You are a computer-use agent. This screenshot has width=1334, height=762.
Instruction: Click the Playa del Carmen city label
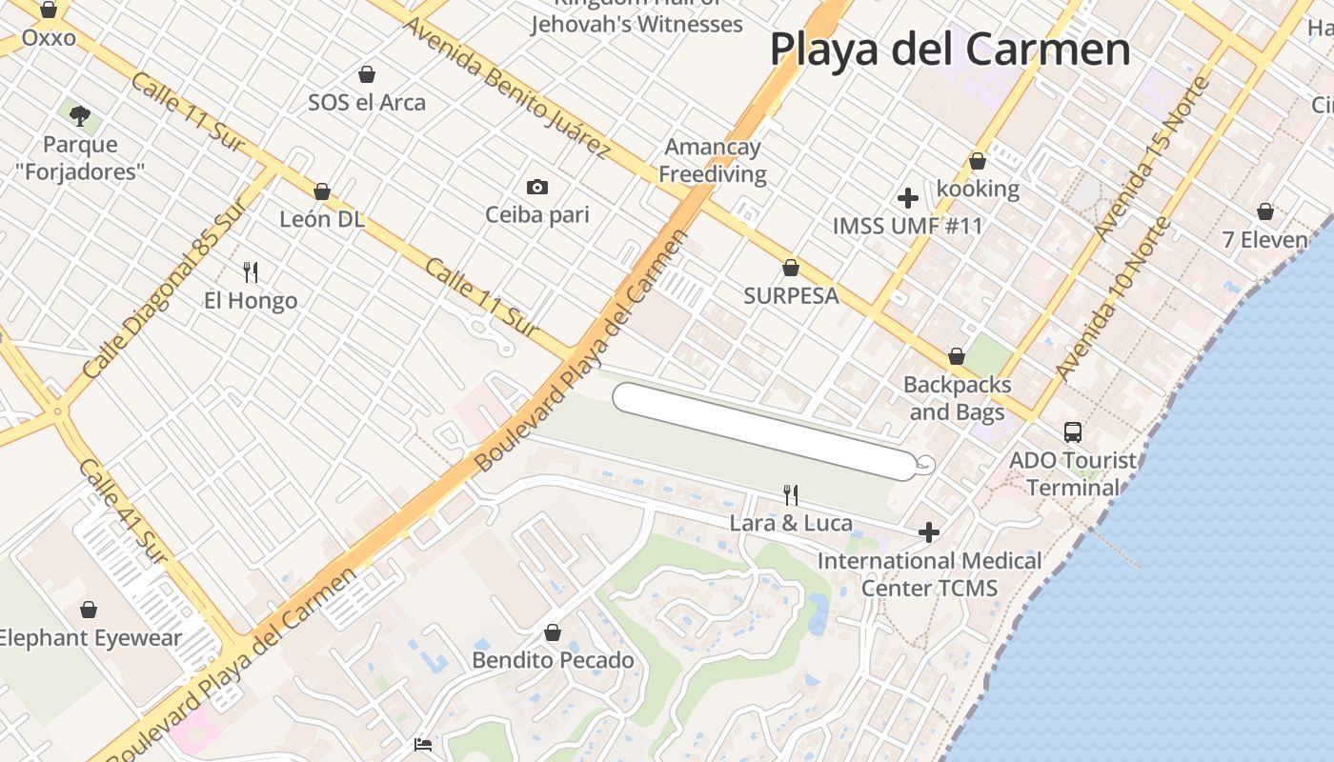(950, 49)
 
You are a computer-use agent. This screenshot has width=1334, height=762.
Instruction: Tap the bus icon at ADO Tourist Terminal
(1073, 432)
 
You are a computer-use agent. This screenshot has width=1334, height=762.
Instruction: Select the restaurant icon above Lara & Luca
(790, 494)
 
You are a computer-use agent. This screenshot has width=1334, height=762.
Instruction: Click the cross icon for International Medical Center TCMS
(929, 532)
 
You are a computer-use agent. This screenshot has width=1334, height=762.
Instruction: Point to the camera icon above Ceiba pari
(537, 187)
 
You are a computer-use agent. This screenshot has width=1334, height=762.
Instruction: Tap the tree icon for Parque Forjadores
(80, 116)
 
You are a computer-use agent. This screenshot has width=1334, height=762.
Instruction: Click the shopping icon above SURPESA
(790, 268)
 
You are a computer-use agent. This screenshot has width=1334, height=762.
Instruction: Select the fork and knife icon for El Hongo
(251, 272)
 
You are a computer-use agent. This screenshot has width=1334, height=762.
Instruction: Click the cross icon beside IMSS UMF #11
(908, 198)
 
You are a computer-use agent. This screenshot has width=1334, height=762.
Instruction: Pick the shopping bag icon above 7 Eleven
(1265, 211)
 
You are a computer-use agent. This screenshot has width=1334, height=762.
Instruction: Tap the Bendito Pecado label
(553, 660)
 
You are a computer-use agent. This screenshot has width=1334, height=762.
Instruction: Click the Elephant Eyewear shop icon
(89, 610)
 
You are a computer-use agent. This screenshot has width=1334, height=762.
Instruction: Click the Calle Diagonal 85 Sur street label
(164, 291)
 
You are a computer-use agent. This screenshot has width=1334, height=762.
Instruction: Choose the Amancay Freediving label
(713, 161)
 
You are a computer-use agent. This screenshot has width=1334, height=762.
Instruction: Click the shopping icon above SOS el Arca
(367, 74)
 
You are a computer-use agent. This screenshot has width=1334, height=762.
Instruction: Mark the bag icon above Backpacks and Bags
(957, 357)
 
